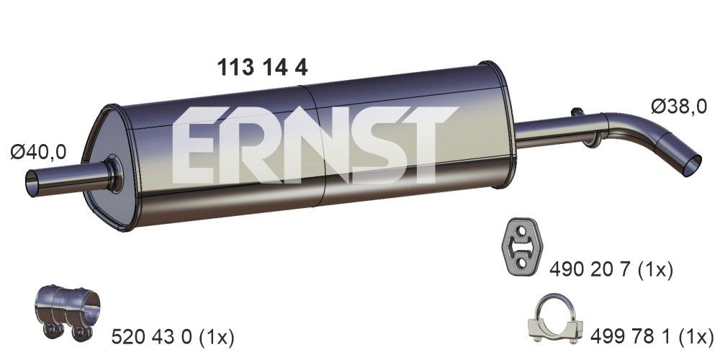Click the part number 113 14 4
[x=262, y=68]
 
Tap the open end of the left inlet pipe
[x=32, y=181]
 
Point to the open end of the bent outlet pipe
[x=690, y=163]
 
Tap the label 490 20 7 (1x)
[x=611, y=270]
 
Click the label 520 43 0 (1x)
[x=174, y=336]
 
